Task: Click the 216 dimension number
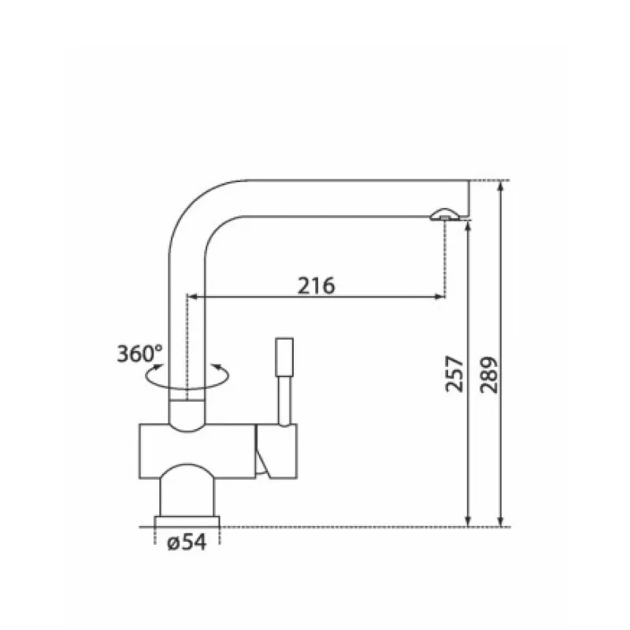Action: point(316,285)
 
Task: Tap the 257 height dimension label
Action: point(454,373)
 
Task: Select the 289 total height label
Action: point(488,375)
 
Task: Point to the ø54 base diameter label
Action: point(187,542)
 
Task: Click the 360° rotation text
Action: point(139,354)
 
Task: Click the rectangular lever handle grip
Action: point(284,357)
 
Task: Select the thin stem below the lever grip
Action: point(284,401)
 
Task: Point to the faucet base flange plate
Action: point(187,521)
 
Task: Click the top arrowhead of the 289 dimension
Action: point(500,187)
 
